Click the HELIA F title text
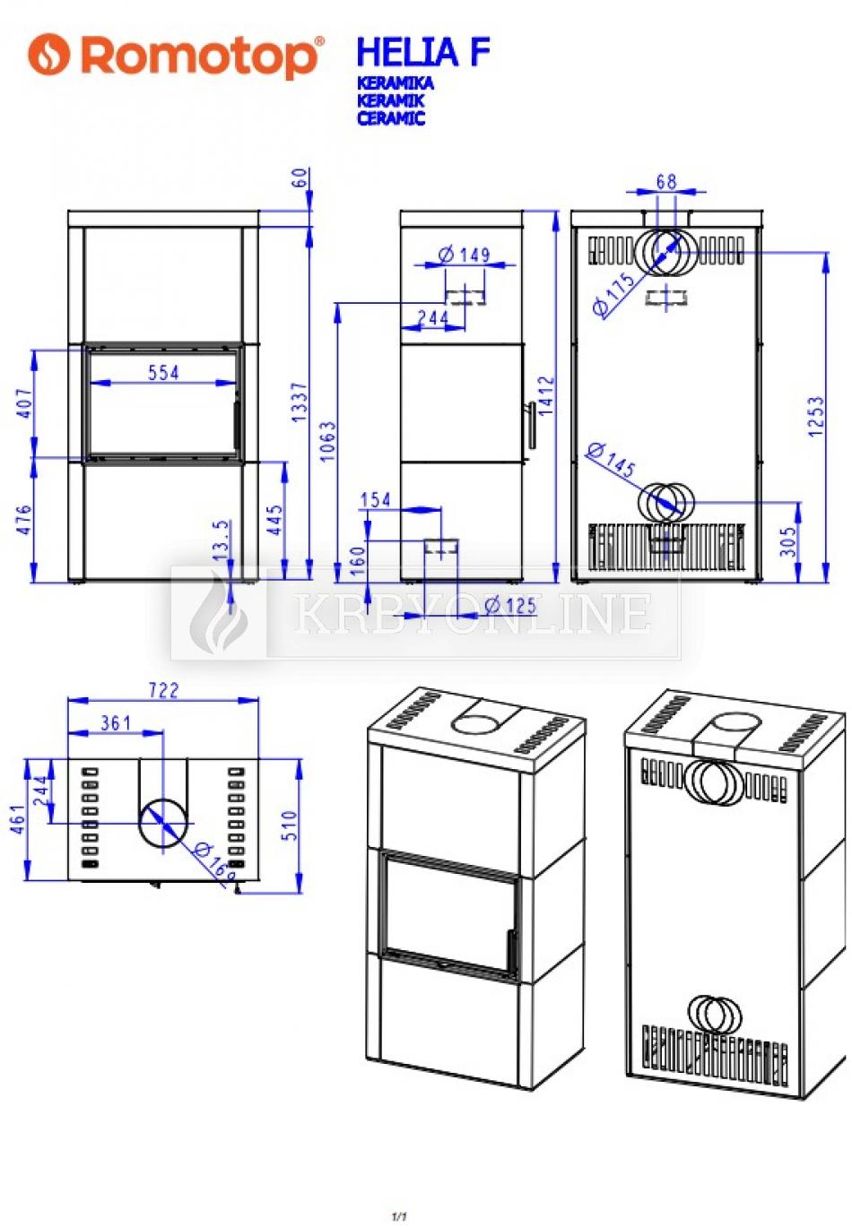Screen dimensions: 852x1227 [422, 52]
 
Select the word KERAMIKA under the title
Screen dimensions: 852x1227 [395, 82]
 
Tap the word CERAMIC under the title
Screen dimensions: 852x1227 [391, 117]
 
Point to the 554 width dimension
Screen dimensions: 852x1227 [163, 373]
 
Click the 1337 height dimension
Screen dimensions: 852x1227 [300, 402]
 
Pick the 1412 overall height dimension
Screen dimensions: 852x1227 [546, 395]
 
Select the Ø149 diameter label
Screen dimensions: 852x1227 [464, 255]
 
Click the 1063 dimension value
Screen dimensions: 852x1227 [328, 441]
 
